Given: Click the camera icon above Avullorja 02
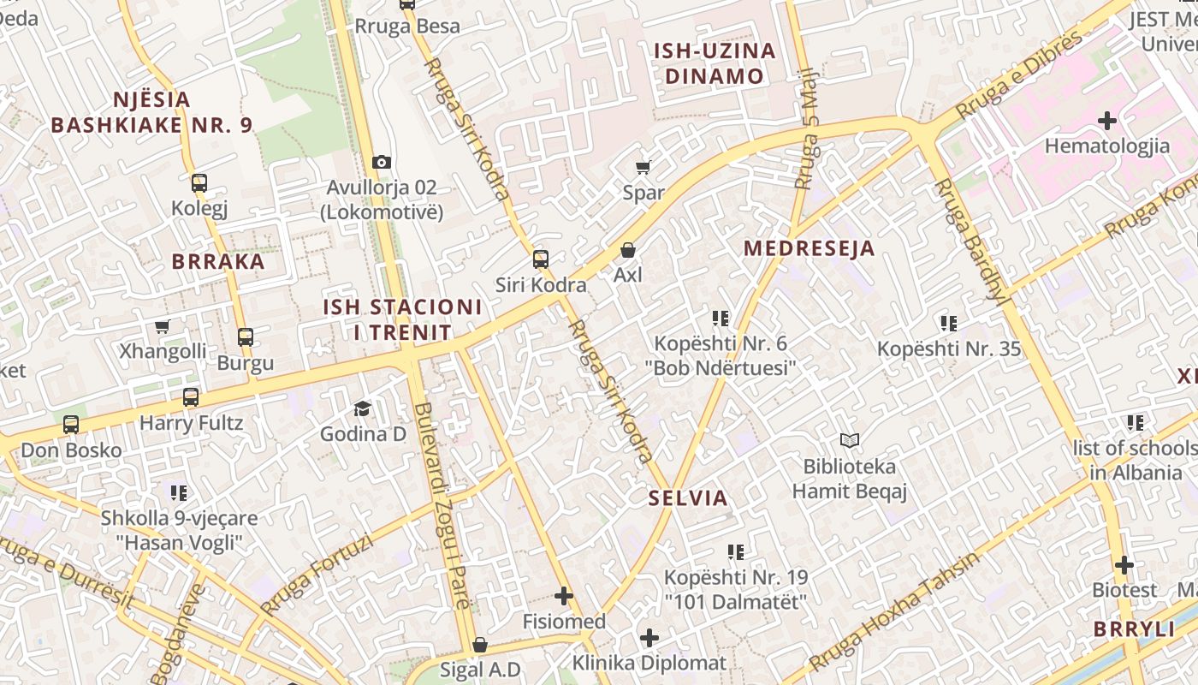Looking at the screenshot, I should pyautogui.click(x=382, y=162).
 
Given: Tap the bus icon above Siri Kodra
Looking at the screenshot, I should pyautogui.click(x=540, y=259).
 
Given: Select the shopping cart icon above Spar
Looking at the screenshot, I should pyautogui.click(x=643, y=168).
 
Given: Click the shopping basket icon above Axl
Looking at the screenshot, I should pyautogui.click(x=628, y=250).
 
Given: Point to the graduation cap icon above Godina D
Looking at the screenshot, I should pyautogui.click(x=363, y=408).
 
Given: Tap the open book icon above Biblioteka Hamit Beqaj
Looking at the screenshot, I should pyautogui.click(x=849, y=441).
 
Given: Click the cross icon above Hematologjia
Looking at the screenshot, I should pyautogui.click(x=1107, y=121).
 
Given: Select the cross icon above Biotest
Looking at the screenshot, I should pyautogui.click(x=1124, y=565).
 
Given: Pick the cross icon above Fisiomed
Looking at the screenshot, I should pyautogui.click(x=564, y=596).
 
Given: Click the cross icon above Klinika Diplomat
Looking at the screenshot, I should pyautogui.click(x=649, y=638).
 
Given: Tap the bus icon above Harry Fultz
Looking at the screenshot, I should pyautogui.click(x=191, y=397).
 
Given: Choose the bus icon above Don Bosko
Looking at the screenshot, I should pyautogui.click(x=71, y=425).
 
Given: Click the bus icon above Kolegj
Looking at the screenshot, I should pyautogui.click(x=199, y=183).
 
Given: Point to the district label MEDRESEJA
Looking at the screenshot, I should pyautogui.click(x=809, y=249).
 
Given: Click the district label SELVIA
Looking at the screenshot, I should pyautogui.click(x=688, y=498).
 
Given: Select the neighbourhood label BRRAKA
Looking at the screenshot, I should pyautogui.click(x=218, y=262).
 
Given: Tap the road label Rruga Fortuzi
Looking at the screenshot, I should pyautogui.click(x=317, y=575).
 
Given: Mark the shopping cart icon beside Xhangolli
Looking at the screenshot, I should pyautogui.click(x=162, y=326).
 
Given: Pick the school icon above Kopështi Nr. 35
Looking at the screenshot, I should pyautogui.click(x=948, y=324).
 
